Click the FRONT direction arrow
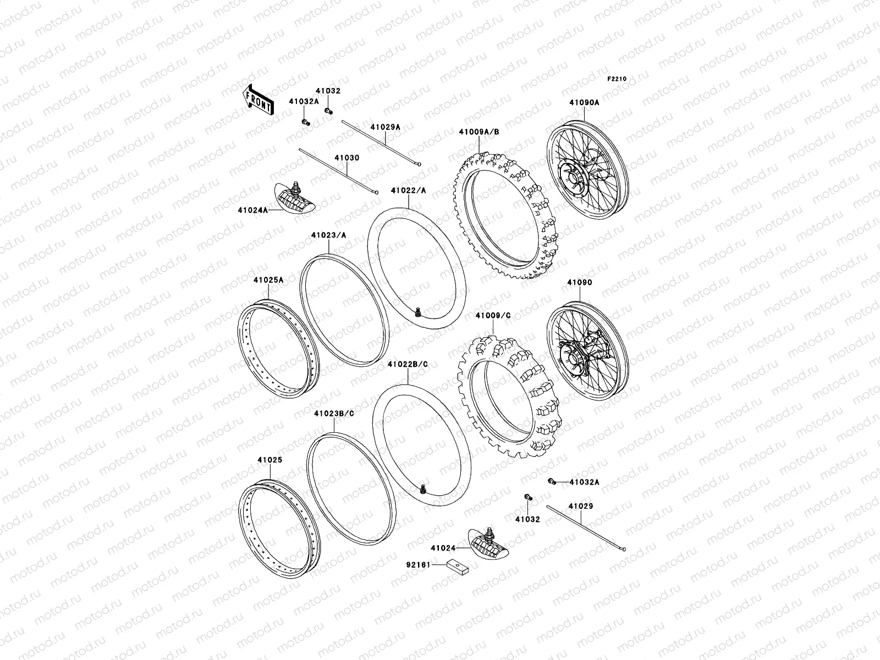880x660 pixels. pyautogui.click(x=258, y=100)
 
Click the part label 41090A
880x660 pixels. pyautogui.click(x=584, y=102)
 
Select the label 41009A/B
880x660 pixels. pyautogui.click(x=480, y=132)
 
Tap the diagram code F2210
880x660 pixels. pyautogui.click(x=617, y=79)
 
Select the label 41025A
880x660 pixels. pyautogui.click(x=268, y=280)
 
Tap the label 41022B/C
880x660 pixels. pyautogui.click(x=407, y=364)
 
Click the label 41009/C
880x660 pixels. pyautogui.click(x=493, y=315)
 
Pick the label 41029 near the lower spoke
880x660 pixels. pyautogui.click(x=581, y=506)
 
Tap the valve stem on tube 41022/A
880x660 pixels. pyautogui.click(x=419, y=313)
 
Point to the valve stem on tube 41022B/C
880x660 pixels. pyautogui.click(x=423, y=488)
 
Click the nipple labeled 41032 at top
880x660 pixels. pyautogui.click(x=329, y=112)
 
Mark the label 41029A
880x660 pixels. pyautogui.click(x=385, y=127)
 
